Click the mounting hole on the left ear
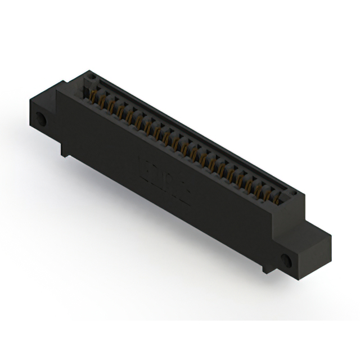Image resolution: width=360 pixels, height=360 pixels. click(x=41, y=119)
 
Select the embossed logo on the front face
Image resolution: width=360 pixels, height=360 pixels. click(x=164, y=179)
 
